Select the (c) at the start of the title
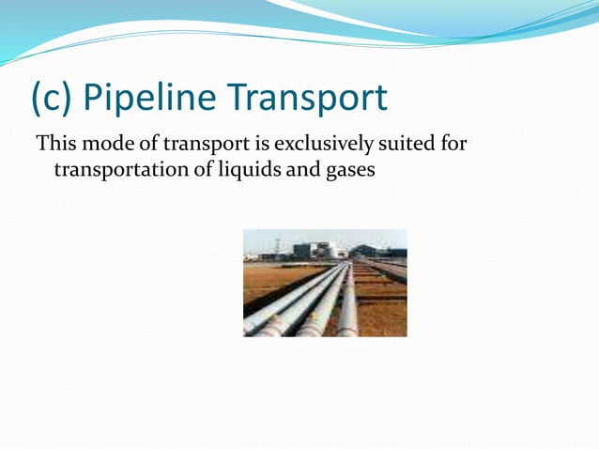click(x=51, y=98)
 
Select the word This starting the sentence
click(x=54, y=145)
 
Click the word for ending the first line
click(x=455, y=145)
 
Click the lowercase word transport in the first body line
click(x=207, y=145)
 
